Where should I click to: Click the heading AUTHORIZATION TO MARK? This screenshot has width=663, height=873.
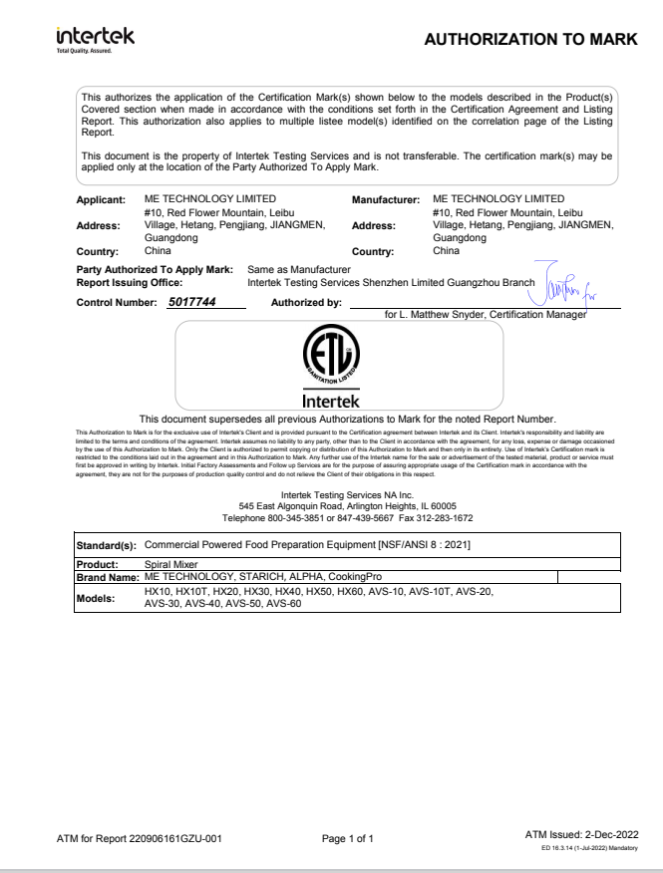click(x=530, y=40)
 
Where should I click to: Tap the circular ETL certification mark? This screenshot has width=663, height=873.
click(x=331, y=356)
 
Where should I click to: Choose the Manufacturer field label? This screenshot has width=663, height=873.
click(x=387, y=199)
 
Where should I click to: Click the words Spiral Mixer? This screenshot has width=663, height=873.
click(x=170, y=563)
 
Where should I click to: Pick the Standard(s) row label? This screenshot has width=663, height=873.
click(x=108, y=546)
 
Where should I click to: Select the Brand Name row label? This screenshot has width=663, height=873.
click(x=108, y=576)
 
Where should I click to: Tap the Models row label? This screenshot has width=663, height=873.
click(x=98, y=598)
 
